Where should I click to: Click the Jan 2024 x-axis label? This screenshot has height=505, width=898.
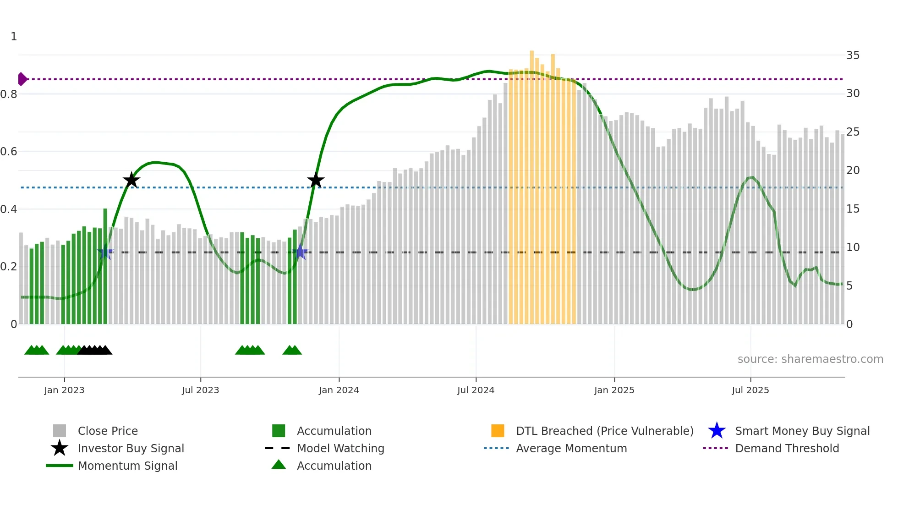(x=339, y=390)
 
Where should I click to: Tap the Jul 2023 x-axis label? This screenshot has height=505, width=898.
(x=200, y=390)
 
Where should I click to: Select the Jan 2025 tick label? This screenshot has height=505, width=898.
(x=614, y=390)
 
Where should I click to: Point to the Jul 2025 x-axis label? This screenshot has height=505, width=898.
(x=750, y=390)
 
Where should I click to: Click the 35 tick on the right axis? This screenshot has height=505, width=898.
(x=853, y=55)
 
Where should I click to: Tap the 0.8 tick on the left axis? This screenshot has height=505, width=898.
(x=9, y=94)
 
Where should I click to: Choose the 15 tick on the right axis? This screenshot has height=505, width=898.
(x=853, y=209)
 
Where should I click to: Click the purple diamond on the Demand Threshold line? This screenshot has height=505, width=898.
(x=22, y=79)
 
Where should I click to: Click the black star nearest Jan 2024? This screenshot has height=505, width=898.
(x=316, y=181)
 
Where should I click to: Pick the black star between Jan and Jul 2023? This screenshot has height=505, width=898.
(x=131, y=181)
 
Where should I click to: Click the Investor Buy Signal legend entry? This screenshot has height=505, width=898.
(x=131, y=449)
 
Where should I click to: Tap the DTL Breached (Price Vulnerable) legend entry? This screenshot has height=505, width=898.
(x=604, y=431)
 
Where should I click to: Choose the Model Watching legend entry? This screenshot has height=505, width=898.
(x=340, y=449)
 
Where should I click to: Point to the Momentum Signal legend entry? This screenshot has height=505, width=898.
(x=127, y=466)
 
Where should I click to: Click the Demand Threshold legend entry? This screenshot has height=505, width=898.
(x=787, y=449)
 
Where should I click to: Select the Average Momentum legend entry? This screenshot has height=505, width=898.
(x=571, y=449)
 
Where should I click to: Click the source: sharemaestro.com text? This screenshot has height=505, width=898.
(x=810, y=359)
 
